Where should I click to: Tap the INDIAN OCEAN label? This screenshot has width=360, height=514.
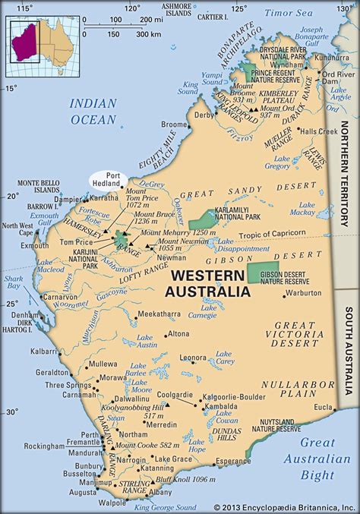coord(93,111)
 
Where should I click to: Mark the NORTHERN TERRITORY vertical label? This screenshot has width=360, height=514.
coord(345,159)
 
